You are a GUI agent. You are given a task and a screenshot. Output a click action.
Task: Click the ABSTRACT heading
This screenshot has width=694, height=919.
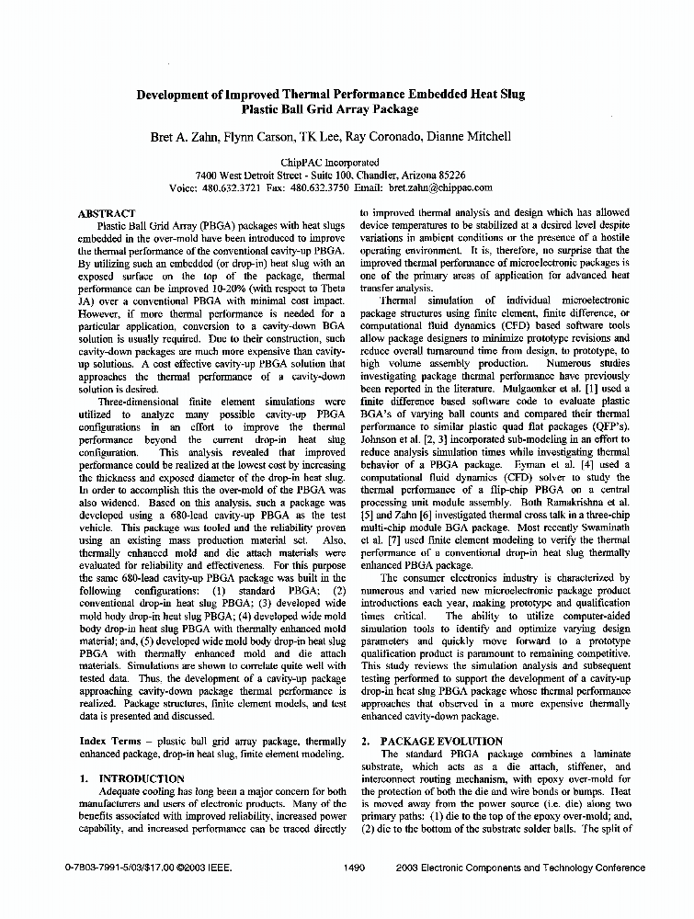pos(107,213)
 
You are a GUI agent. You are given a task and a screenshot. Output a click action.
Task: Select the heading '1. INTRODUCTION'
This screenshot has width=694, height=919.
pos(132,778)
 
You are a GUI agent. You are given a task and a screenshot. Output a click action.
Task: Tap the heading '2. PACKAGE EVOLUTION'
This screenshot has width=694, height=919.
pos(431,741)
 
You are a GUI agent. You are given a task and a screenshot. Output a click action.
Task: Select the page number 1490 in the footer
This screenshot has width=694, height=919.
pos(354,868)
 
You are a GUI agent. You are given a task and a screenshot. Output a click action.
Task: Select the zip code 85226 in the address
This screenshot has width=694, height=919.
pos(449,175)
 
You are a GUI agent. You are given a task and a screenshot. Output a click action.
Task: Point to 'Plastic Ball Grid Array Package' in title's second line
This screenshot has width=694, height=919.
pos(330,108)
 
